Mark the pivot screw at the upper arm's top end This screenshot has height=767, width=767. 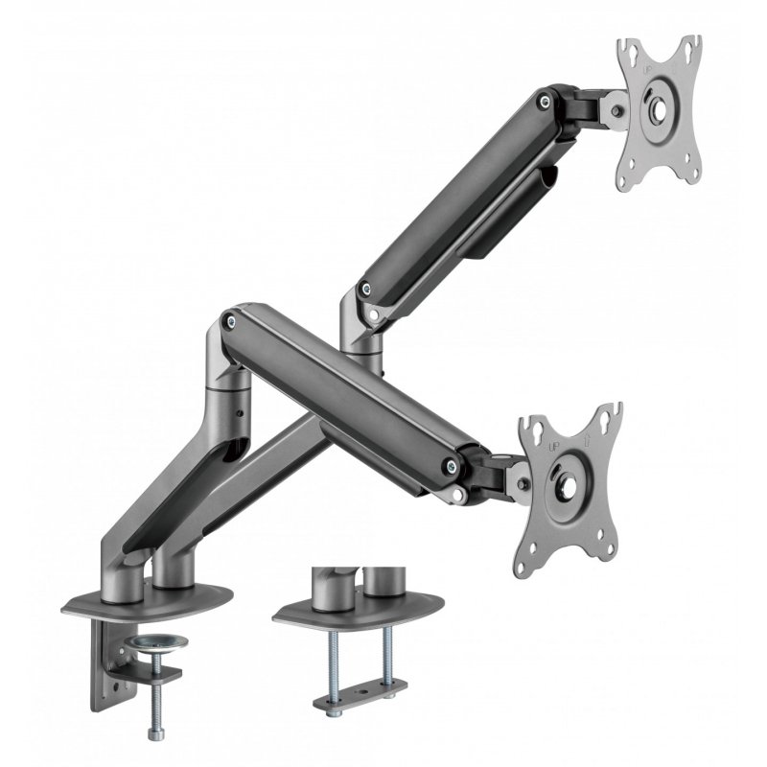click(x=546, y=100)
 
